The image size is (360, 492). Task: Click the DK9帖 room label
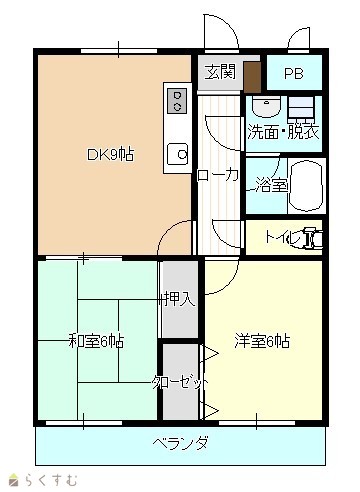click(111, 154)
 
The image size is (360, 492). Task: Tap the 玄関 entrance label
click(220, 72)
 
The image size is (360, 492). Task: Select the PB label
click(294, 74)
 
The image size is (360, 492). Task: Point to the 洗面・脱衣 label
click(284, 132)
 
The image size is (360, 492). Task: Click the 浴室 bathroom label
click(271, 185)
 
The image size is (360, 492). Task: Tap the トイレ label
click(283, 237)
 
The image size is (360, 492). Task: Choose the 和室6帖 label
click(96, 341)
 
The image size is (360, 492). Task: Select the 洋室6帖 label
click(262, 341)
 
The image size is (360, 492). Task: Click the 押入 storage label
click(180, 299)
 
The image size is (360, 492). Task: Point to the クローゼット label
click(180, 382)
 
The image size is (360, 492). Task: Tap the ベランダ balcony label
click(181, 443)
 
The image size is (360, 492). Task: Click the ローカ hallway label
click(218, 175)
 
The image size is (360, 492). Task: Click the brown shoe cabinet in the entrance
click(252, 78)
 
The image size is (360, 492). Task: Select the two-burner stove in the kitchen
click(177, 101)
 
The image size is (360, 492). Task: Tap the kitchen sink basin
click(178, 154)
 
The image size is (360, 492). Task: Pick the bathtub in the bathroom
click(306, 186)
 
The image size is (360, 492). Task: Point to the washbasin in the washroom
click(266, 107)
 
